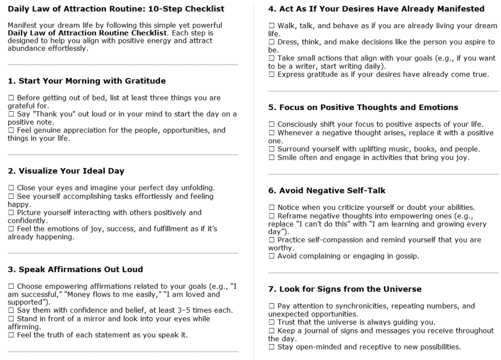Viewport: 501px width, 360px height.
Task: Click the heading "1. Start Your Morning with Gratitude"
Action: pyautogui.click(x=87, y=81)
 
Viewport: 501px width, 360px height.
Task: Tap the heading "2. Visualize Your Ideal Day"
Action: pyautogui.click(x=66, y=171)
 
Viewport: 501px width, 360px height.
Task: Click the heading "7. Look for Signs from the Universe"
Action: pyautogui.click(x=345, y=289)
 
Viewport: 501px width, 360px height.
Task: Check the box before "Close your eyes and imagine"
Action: pyautogui.click(x=11, y=188)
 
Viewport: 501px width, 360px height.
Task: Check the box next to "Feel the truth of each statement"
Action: pyautogui.click(x=11, y=335)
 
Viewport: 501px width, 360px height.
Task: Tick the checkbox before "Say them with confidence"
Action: pyautogui.click(x=11, y=310)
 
